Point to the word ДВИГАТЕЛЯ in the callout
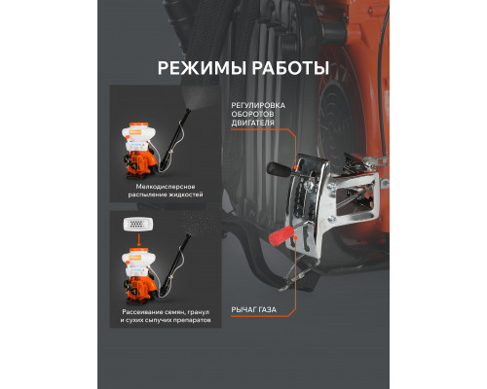click(x=255, y=127)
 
